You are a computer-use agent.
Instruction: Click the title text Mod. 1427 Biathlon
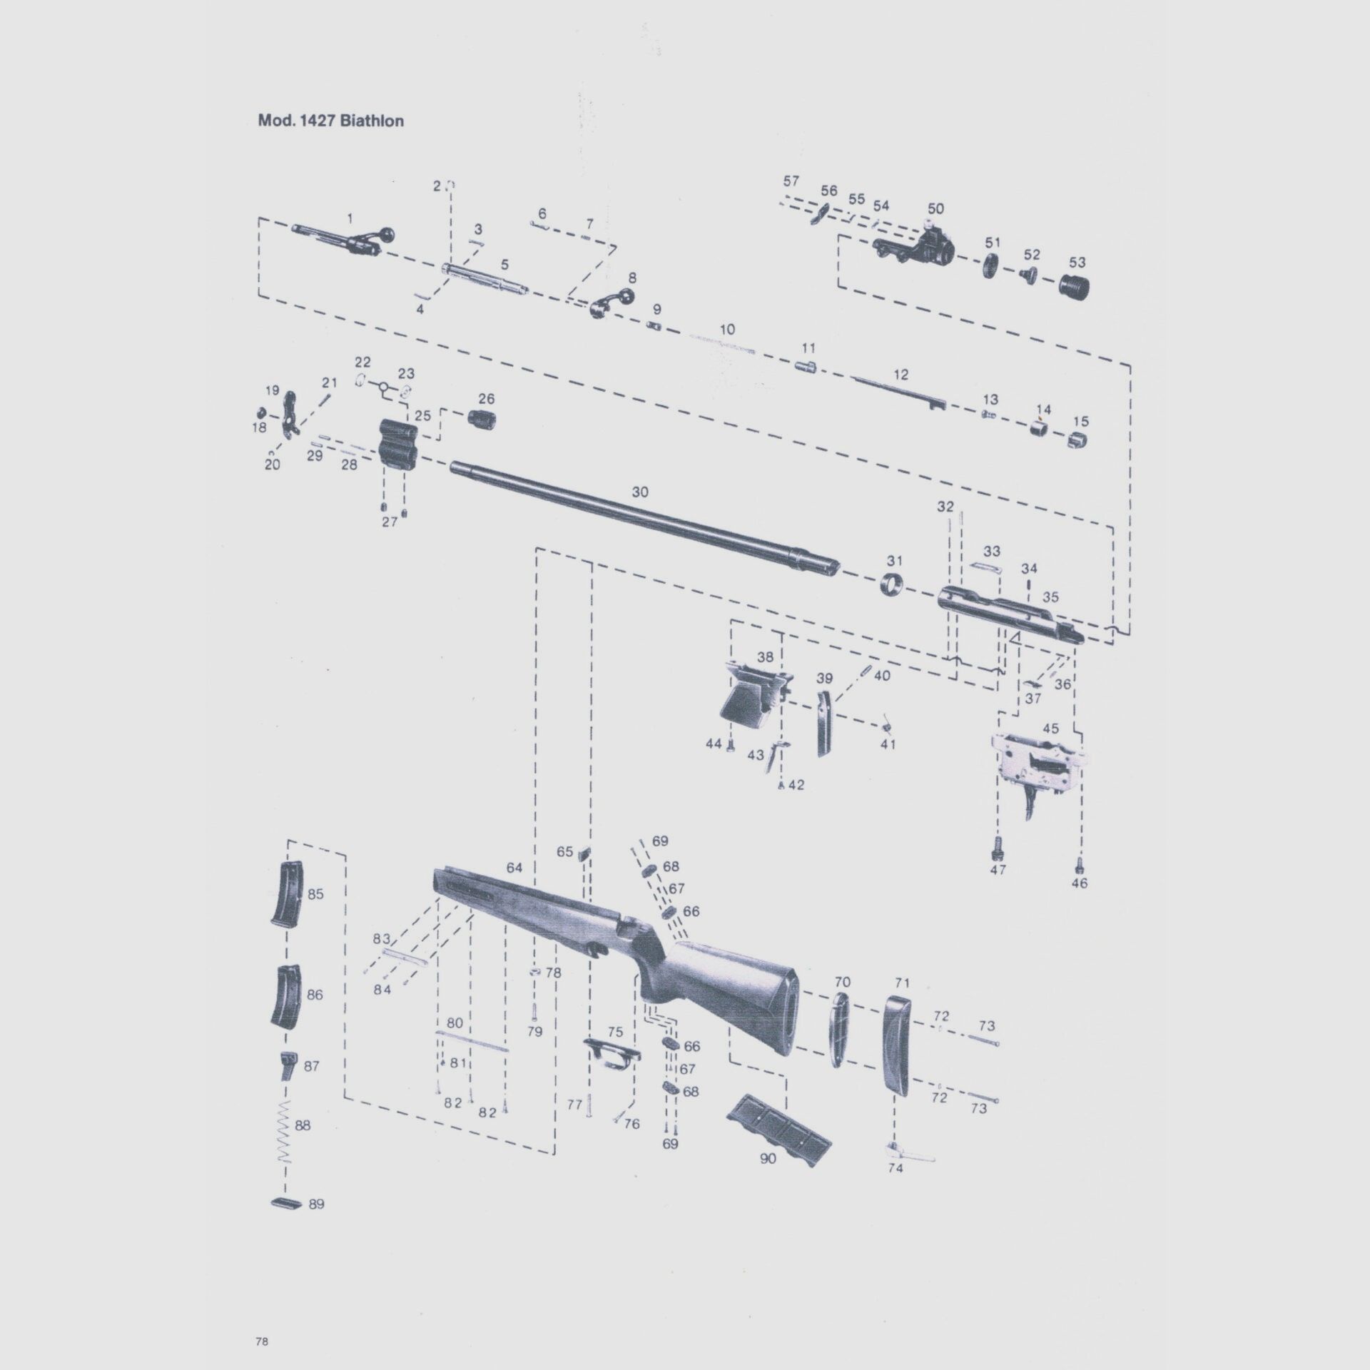(330, 121)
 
